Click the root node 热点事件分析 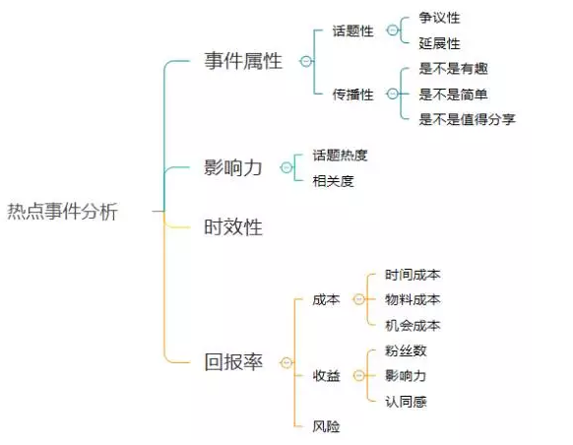point(62,212)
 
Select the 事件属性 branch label point(243,61)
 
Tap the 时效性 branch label point(233,226)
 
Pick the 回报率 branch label point(233,362)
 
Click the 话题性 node point(353,31)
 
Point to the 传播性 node point(353,95)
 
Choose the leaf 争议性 point(439,18)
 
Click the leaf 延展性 point(439,43)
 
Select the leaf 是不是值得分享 point(467,119)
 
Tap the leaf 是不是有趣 point(453,68)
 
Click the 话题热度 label point(340,156)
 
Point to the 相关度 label point(334,181)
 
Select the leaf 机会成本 point(413,325)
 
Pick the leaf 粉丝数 point(406,350)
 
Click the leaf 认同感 point(406,402)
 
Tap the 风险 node point(326,426)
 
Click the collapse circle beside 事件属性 point(306,61)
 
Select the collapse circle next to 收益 point(358,375)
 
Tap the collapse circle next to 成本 point(358,299)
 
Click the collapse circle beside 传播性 point(393,94)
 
